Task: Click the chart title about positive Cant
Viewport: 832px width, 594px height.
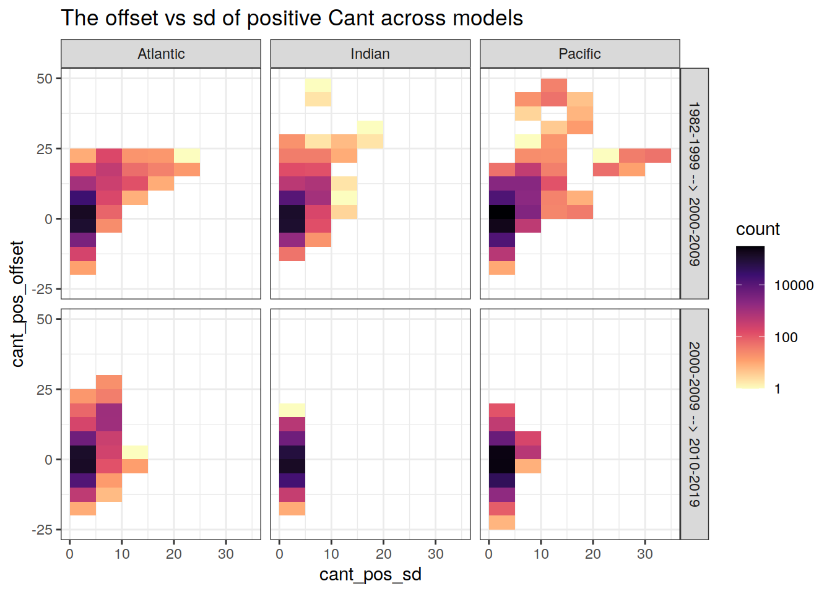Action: tap(292, 19)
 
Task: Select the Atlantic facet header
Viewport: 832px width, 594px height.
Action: tap(161, 54)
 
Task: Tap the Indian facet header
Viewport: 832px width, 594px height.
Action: tap(370, 54)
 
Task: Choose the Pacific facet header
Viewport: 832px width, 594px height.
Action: tap(579, 54)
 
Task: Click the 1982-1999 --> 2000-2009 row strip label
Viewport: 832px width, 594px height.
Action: tap(695, 184)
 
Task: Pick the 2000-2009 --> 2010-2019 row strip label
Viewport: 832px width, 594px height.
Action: tap(695, 424)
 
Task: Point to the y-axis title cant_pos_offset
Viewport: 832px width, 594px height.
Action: tap(17, 304)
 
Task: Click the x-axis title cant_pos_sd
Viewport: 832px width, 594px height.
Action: tap(370, 574)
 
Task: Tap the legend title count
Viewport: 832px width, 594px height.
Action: tap(758, 230)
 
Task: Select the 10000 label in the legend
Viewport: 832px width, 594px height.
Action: tap(794, 285)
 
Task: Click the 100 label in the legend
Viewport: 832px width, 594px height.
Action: tap(786, 337)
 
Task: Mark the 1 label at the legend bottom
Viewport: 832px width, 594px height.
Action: tap(778, 389)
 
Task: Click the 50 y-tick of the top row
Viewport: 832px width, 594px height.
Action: tap(45, 79)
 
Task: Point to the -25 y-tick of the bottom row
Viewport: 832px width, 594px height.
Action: tap(42, 530)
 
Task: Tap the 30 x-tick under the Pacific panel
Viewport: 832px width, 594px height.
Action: tap(645, 554)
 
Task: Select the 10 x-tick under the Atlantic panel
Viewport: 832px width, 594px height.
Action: tap(122, 554)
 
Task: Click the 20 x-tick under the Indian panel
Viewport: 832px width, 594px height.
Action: tap(384, 554)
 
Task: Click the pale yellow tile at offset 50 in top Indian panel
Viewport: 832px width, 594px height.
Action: tap(318, 85)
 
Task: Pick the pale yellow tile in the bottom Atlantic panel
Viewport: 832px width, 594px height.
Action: tap(135, 452)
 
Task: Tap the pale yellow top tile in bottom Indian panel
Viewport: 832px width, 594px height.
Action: tap(292, 410)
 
